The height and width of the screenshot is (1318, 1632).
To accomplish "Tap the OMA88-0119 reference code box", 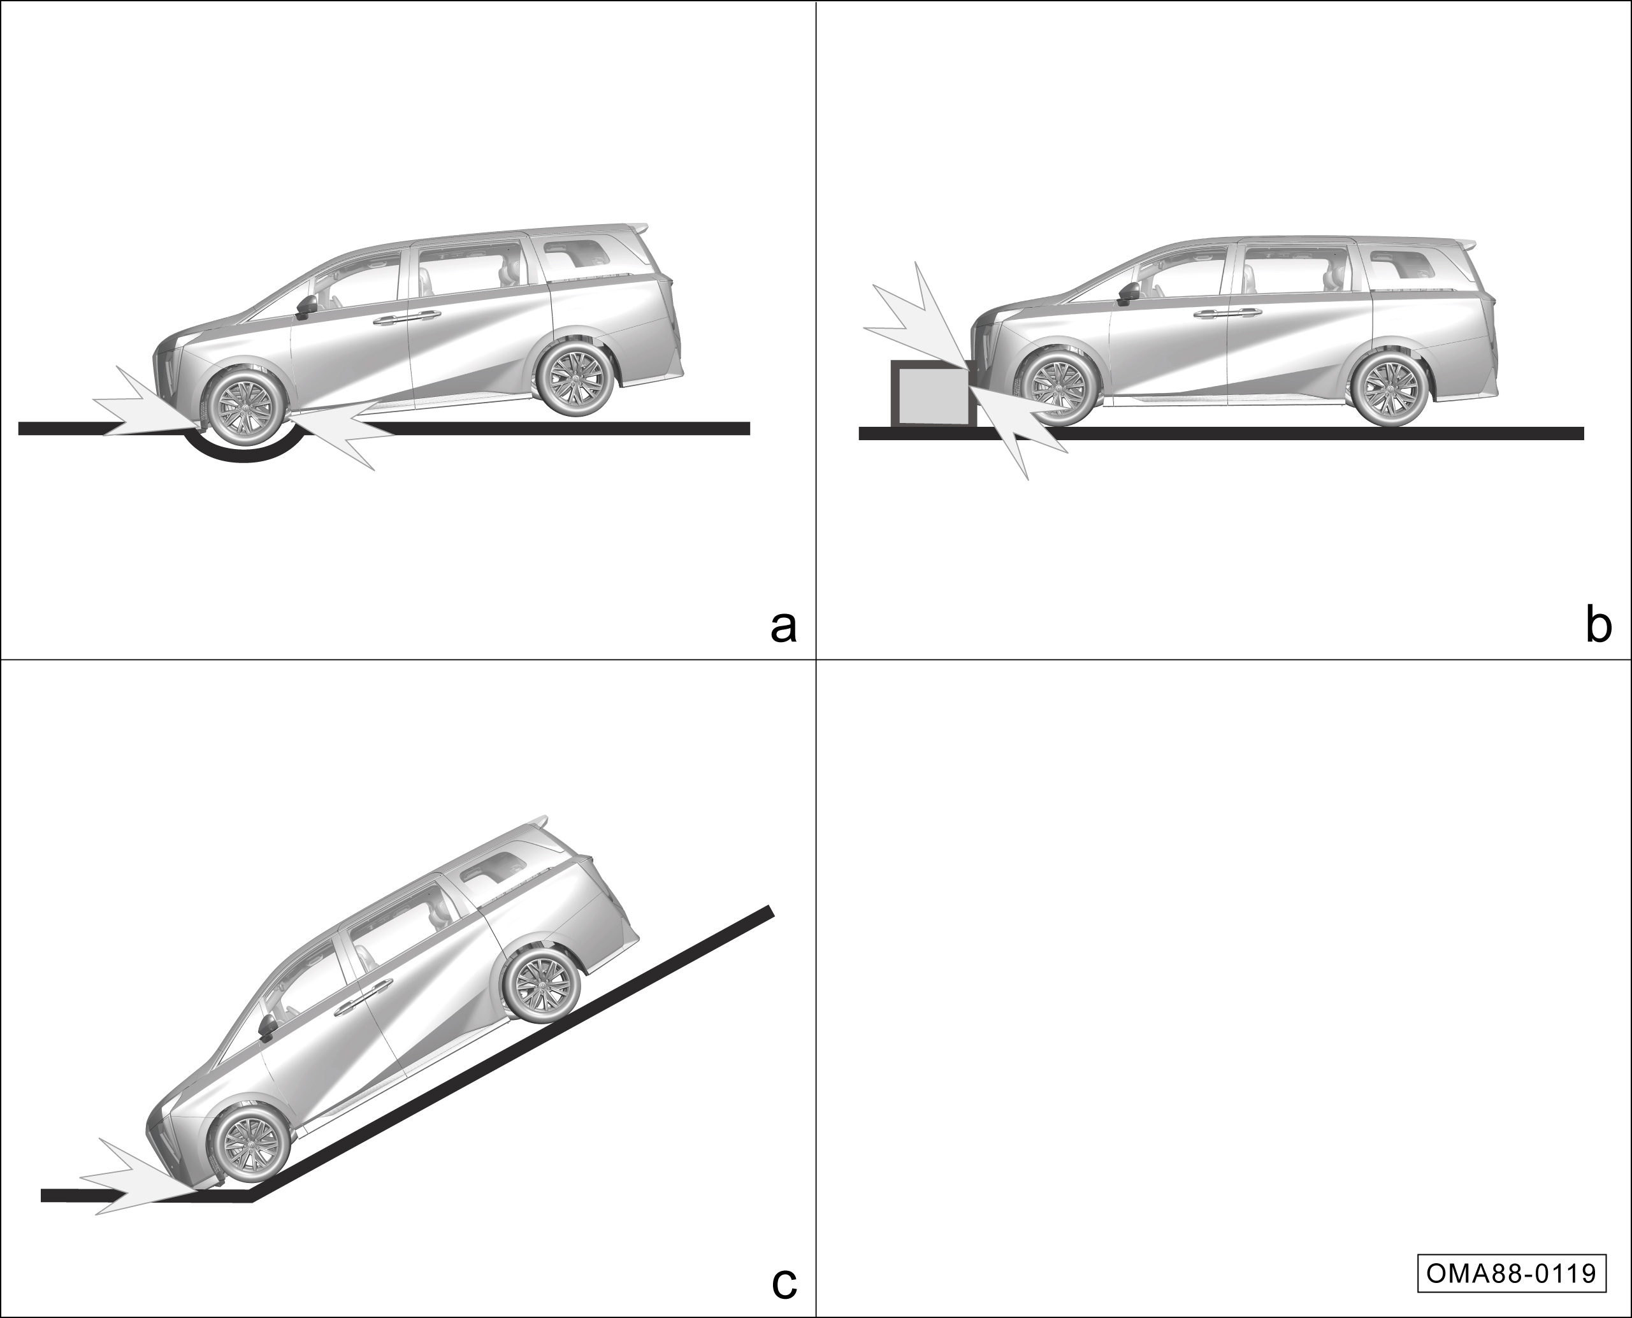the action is (x=1512, y=1273).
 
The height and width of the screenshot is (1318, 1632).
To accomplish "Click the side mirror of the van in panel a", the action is (x=307, y=306).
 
